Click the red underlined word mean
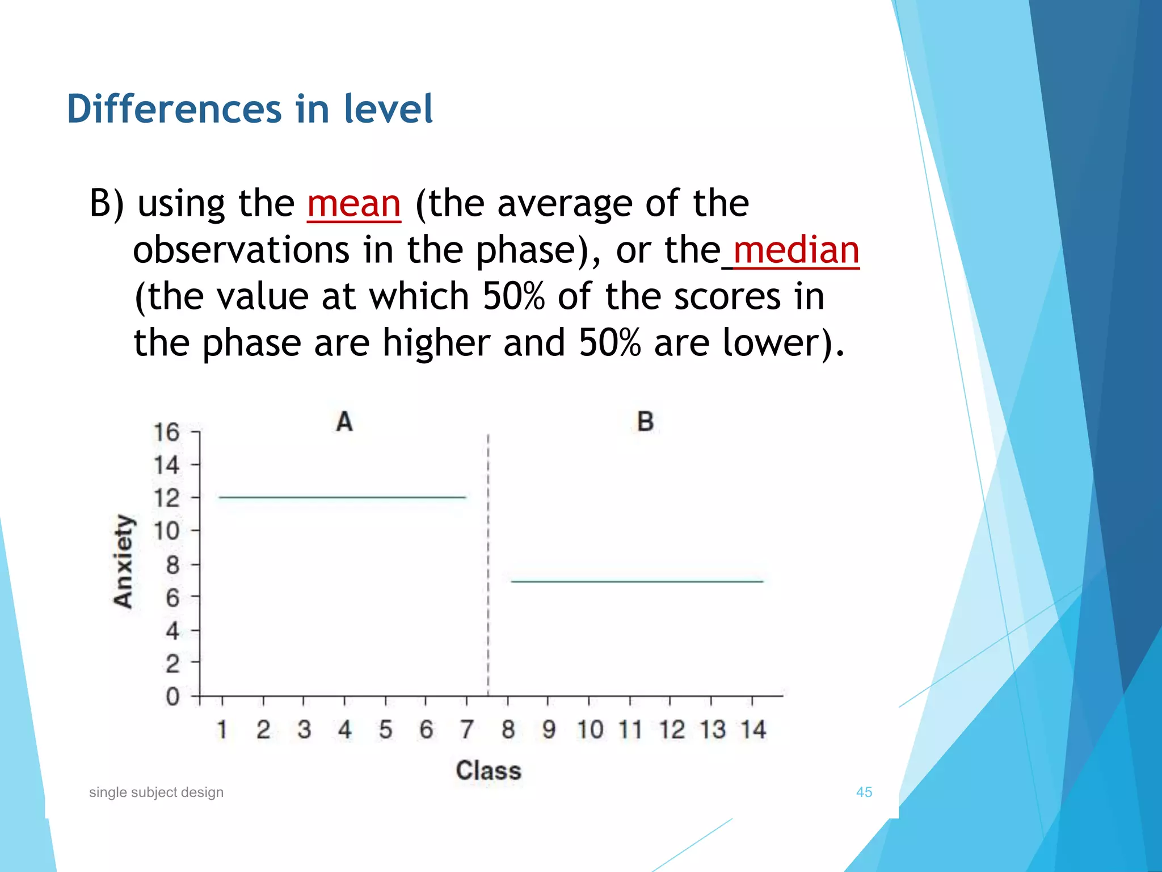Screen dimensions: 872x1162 point(353,204)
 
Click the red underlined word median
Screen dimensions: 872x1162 point(796,250)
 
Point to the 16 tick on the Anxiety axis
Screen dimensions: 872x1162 point(166,433)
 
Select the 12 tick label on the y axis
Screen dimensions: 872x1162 point(166,498)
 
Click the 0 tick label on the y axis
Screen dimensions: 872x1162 point(172,697)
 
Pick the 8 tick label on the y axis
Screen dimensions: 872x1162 point(172,565)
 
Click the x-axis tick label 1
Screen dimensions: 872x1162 point(222,730)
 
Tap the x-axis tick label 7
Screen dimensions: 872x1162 point(466,730)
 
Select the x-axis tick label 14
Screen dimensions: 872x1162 point(753,730)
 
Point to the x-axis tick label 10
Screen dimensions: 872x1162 point(590,730)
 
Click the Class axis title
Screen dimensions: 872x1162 point(489,770)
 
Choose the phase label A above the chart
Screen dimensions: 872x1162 point(344,422)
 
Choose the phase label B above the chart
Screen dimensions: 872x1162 point(645,422)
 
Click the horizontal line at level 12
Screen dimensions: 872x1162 point(342,498)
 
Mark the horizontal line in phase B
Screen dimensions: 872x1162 point(637,581)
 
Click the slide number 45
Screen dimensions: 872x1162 point(864,792)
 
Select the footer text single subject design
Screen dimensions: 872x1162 point(156,792)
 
